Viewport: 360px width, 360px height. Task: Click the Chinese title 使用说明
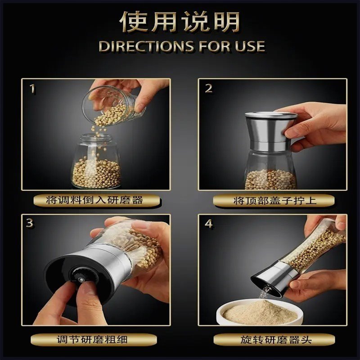coord(180,22)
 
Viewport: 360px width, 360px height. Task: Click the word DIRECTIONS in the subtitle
coord(146,46)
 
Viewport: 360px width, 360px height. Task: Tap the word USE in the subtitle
coord(250,46)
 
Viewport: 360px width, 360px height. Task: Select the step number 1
coord(32,89)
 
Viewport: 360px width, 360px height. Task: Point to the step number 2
coord(208,89)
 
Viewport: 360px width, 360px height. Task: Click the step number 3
coord(30,223)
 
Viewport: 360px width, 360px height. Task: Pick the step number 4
coord(209,223)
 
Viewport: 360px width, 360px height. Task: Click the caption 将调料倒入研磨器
coord(94,200)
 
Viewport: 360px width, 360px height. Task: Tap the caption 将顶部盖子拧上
coord(275,200)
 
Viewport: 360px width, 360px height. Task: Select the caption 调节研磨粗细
coord(92,340)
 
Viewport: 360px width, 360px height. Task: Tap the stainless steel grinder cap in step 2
coord(270,131)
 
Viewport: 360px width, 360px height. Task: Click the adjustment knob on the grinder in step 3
coord(80,275)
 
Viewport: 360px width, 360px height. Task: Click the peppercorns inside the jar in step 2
coord(270,180)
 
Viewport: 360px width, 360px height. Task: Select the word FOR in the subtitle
coord(215,46)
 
